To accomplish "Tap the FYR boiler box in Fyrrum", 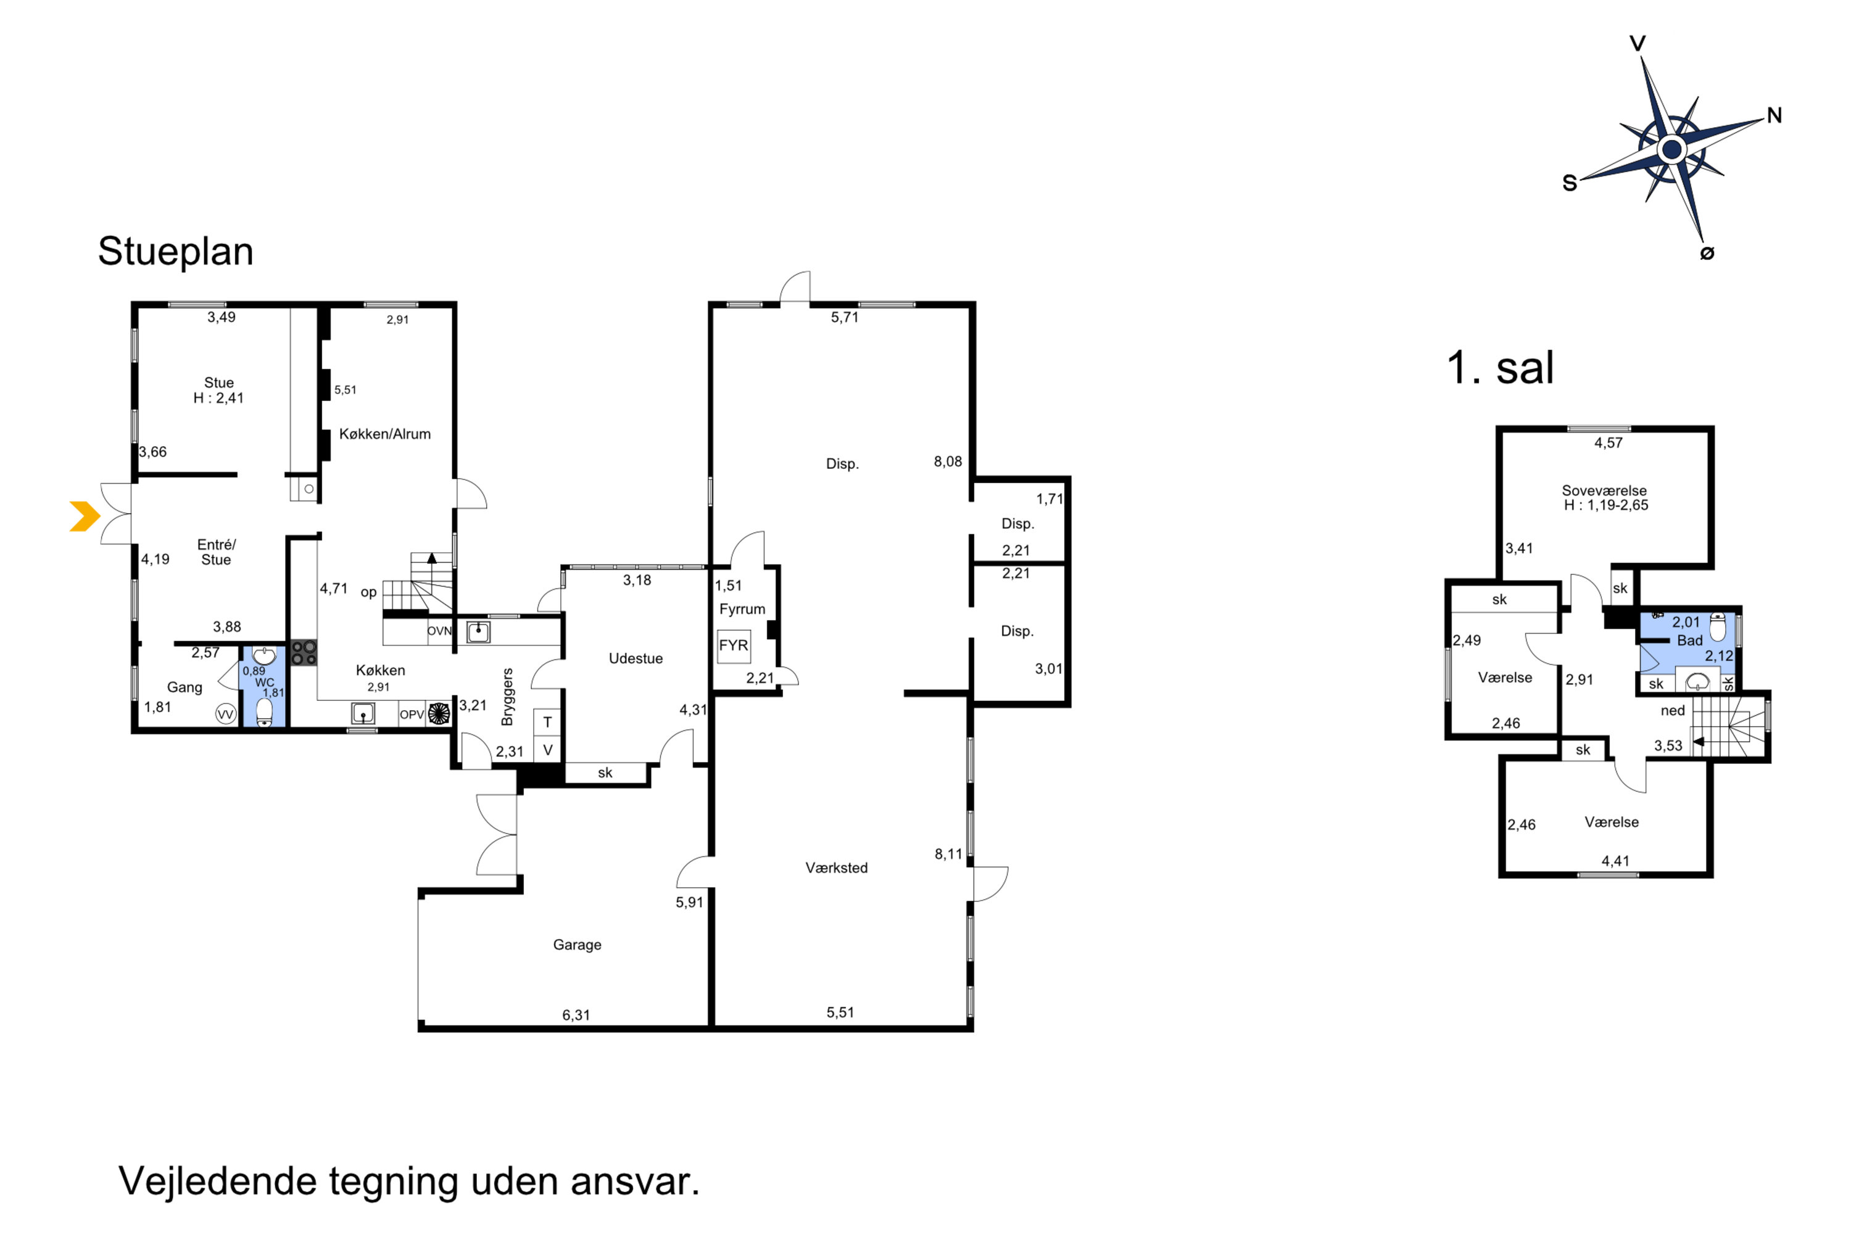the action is [x=734, y=645].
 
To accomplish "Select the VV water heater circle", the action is [x=226, y=714].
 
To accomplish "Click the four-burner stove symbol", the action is [x=304, y=652].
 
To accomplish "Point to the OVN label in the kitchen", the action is [x=439, y=631].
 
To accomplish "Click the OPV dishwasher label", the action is [x=412, y=714].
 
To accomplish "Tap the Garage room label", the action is [x=577, y=945].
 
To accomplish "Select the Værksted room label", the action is [x=837, y=868].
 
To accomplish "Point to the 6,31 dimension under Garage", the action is [x=576, y=1015].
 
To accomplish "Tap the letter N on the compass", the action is [x=1774, y=116].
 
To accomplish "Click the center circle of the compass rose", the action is [x=1671, y=149].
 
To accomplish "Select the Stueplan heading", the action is [x=175, y=252].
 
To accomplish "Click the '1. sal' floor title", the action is [x=1500, y=368].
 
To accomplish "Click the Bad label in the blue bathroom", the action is [x=1690, y=640].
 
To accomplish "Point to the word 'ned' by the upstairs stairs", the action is [x=1672, y=711].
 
